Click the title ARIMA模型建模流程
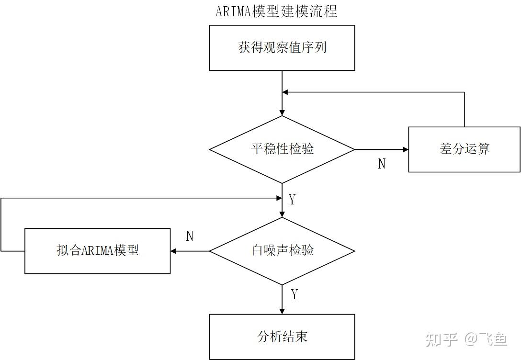click(x=276, y=11)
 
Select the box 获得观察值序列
click(x=282, y=48)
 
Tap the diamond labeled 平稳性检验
click(x=282, y=149)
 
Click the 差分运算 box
click(x=464, y=149)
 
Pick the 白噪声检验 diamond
click(x=282, y=251)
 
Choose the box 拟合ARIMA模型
click(x=97, y=251)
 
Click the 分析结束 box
click(x=282, y=337)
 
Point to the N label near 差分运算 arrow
click(x=382, y=164)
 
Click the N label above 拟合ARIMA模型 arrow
click(x=190, y=236)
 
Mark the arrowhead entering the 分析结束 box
click(x=282, y=311)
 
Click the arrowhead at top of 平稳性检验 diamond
click(x=282, y=112)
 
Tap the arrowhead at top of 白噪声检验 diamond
click(x=282, y=214)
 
